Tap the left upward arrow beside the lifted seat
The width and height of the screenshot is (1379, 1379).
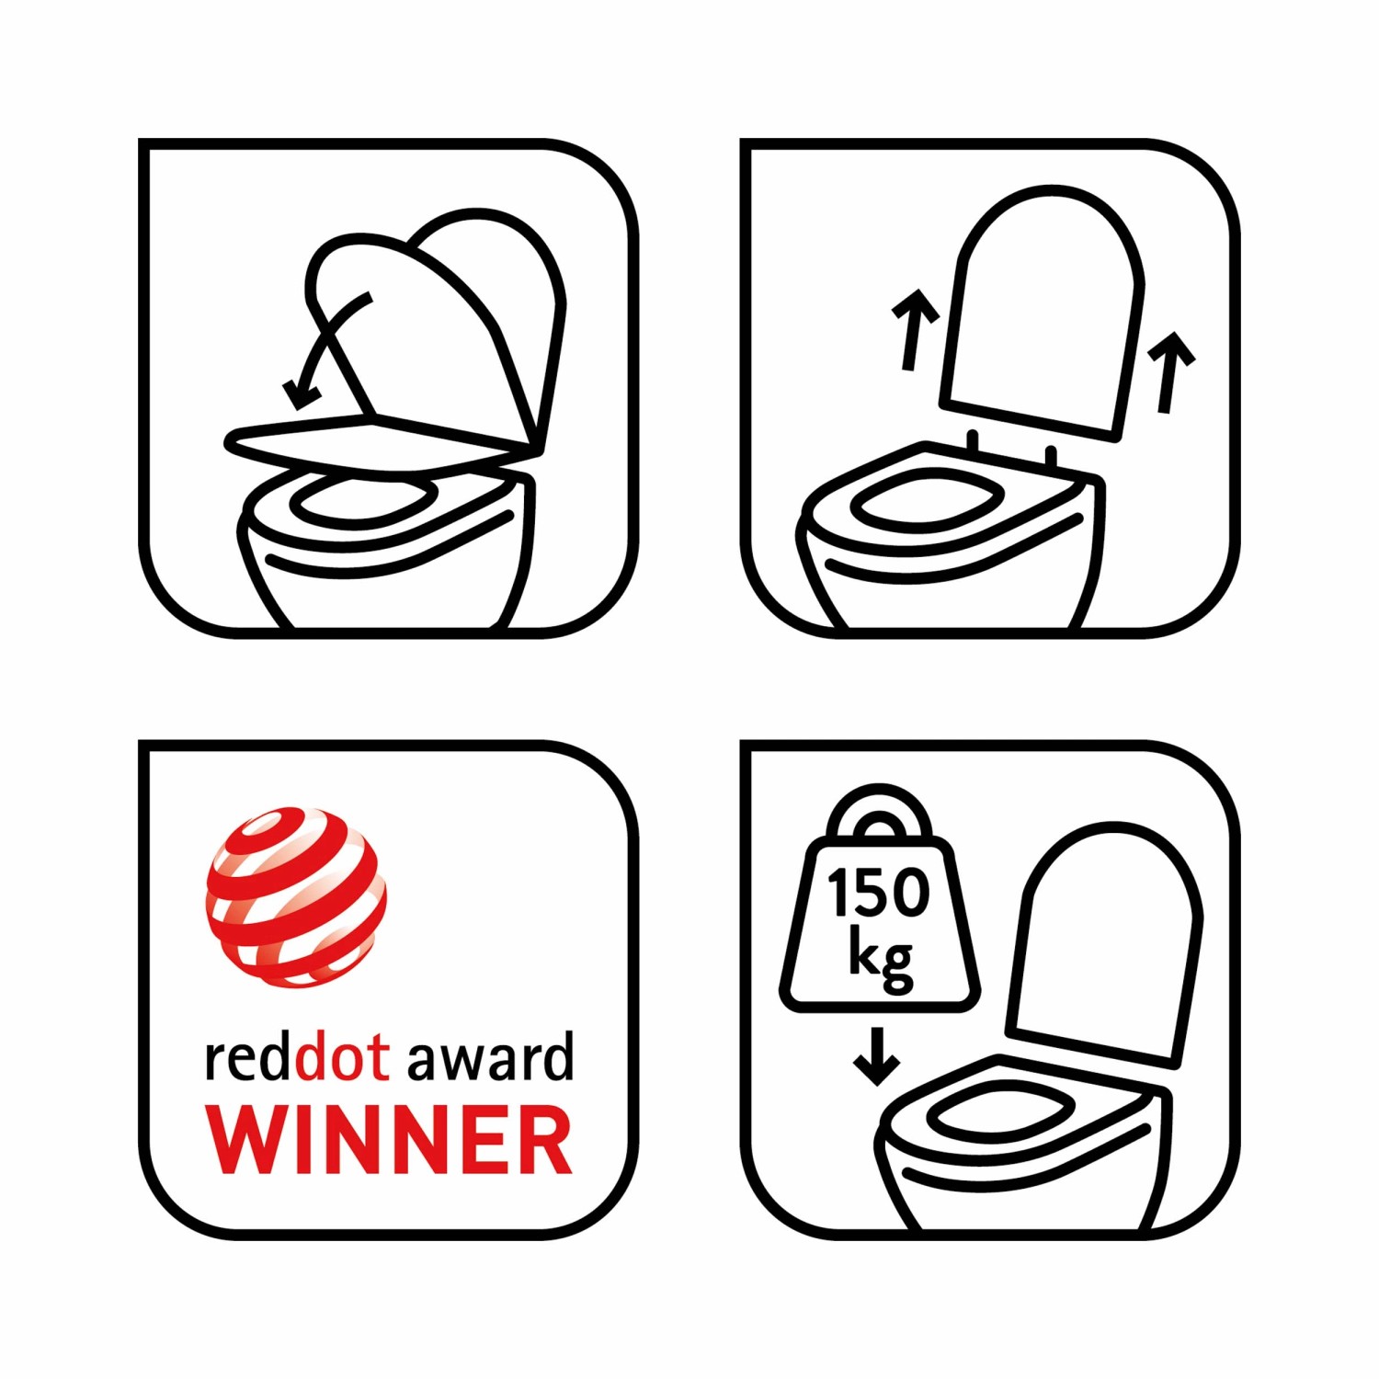pyautogui.click(x=914, y=329)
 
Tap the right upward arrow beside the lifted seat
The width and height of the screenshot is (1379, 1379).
pyautogui.click(x=1170, y=371)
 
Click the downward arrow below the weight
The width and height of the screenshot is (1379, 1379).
pyautogui.click(x=876, y=1055)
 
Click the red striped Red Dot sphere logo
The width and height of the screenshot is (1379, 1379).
pyautogui.click(x=296, y=897)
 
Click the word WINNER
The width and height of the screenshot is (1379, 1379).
pyautogui.click(x=389, y=1139)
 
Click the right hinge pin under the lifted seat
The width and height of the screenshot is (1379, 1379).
pyautogui.click(x=1052, y=456)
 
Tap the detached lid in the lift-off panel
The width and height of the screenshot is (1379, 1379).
pyautogui.click(x=1042, y=313)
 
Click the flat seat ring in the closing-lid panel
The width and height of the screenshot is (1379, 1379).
pyautogui.click(x=382, y=445)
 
